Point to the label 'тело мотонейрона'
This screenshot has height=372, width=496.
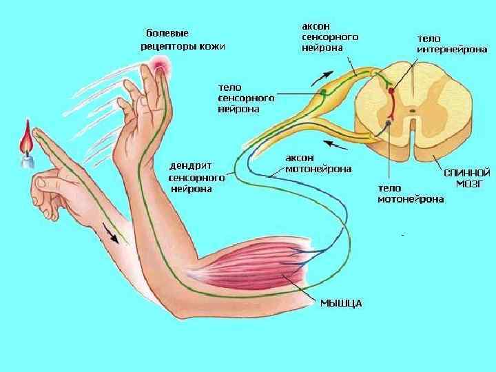[x=411, y=193]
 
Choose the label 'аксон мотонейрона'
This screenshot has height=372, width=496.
[x=319, y=163]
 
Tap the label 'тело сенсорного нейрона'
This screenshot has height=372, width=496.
[x=246, y=98]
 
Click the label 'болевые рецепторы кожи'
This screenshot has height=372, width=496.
[x=183, y=39]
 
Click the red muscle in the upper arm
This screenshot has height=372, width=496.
[x=269, y=262]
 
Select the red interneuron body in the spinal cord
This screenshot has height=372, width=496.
[x=391, y=89]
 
